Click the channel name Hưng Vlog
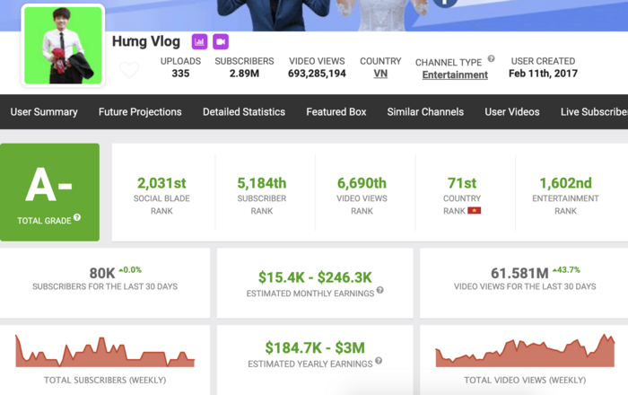point(146,41)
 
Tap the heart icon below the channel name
point(129,69)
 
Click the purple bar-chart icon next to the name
point(199,41)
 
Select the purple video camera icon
point(220,41)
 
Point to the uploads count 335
point(180,74)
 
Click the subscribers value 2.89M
point(244,74)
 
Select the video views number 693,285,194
point(317,74)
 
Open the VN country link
point(380,74)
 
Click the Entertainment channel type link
point(455,75)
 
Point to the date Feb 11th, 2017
point(543,74)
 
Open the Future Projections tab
point(140,112)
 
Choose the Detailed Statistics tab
point(244,112)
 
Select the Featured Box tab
point(336,112)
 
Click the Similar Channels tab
point(425,112)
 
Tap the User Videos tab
point(512,112)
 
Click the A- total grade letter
point(49,185)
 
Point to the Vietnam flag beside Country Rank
point(475,211)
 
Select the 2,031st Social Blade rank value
point(162,182)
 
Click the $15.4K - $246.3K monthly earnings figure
point(315,277)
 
